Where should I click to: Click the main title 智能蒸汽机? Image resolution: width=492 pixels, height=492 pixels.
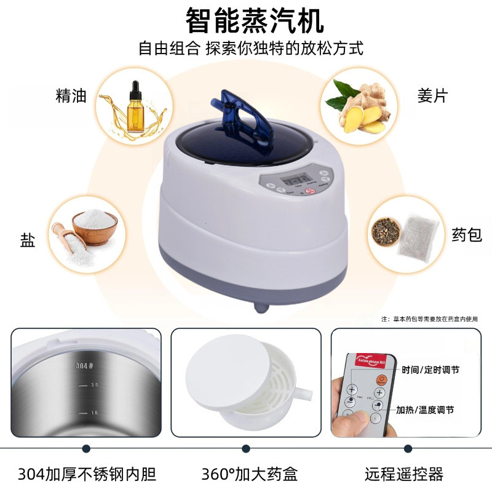[255, 21]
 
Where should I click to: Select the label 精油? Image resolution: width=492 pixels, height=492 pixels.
[71, 96]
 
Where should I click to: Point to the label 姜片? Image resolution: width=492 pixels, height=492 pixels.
[432, 96]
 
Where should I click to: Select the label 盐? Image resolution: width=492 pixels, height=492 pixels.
[28, 239]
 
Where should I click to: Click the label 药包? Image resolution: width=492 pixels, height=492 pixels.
[467, 234]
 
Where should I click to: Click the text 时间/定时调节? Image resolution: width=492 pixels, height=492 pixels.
[430, 370]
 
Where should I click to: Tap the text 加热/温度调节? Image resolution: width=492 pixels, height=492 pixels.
[425, 410]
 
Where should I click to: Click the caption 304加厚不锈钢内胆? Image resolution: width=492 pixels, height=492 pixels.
[87, 474]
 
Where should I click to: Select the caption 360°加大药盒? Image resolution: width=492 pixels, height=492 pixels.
[249, 474]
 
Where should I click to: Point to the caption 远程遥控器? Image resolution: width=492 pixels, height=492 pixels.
[403, 474]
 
